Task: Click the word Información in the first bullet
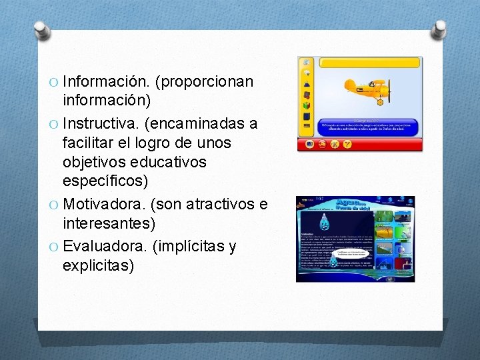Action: pos(105,82)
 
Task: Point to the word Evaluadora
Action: pos(103,247)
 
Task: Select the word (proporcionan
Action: pos(204,82)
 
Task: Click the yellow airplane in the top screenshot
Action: pos(367,89)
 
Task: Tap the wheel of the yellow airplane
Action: pos(379,102)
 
